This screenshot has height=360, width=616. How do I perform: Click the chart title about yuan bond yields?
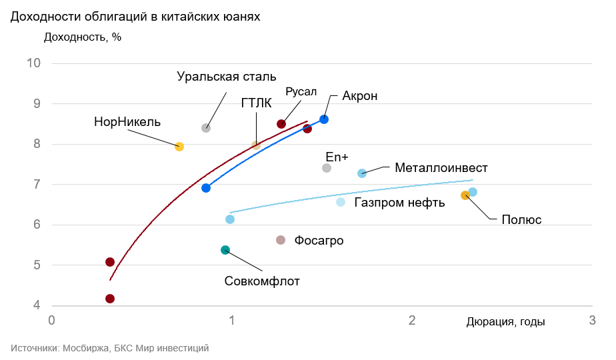(x=135, y=17)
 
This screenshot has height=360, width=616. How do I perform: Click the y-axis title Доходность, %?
(x=83, y=37)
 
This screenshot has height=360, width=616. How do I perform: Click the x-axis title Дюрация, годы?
(x=505, y=322)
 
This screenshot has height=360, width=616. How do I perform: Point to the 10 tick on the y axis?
(x=34, y=63)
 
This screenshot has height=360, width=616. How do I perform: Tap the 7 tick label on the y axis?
(x=37, y=185)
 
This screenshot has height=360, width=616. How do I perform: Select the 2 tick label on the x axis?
(x=412, y=321)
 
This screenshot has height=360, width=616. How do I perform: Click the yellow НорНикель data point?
(x=179, y=147)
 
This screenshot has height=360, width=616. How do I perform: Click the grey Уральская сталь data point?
(x=206, y=128)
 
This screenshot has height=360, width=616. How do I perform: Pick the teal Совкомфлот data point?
(x=225, y=250)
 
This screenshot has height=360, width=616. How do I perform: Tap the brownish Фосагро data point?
(x=281, y=240)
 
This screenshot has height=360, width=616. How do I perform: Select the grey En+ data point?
(x=327, y=168)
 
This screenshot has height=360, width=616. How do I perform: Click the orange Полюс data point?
(x=465, y=195)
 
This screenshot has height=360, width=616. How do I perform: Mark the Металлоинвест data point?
(x=362, y=173)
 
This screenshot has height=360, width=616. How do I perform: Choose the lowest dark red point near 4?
(x=110, y=299)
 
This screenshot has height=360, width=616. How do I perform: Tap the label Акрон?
(x=360, y=96)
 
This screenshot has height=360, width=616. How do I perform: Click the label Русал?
(x=301, y=91)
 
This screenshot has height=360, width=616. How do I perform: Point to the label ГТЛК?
(x=257, y=103)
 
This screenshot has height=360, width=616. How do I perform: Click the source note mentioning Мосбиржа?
(x=110, y=348)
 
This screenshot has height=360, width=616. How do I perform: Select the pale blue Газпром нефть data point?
(x=341, y=202)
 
